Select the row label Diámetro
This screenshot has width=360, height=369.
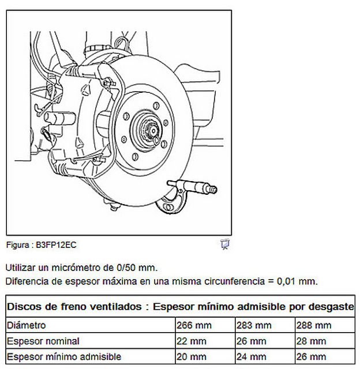(27, 326)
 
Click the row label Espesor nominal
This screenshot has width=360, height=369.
(43, 341)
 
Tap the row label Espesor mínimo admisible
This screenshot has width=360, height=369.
(64, 357)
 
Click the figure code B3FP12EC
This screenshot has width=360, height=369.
(56, 244)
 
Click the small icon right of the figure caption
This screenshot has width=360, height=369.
(225, 244)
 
